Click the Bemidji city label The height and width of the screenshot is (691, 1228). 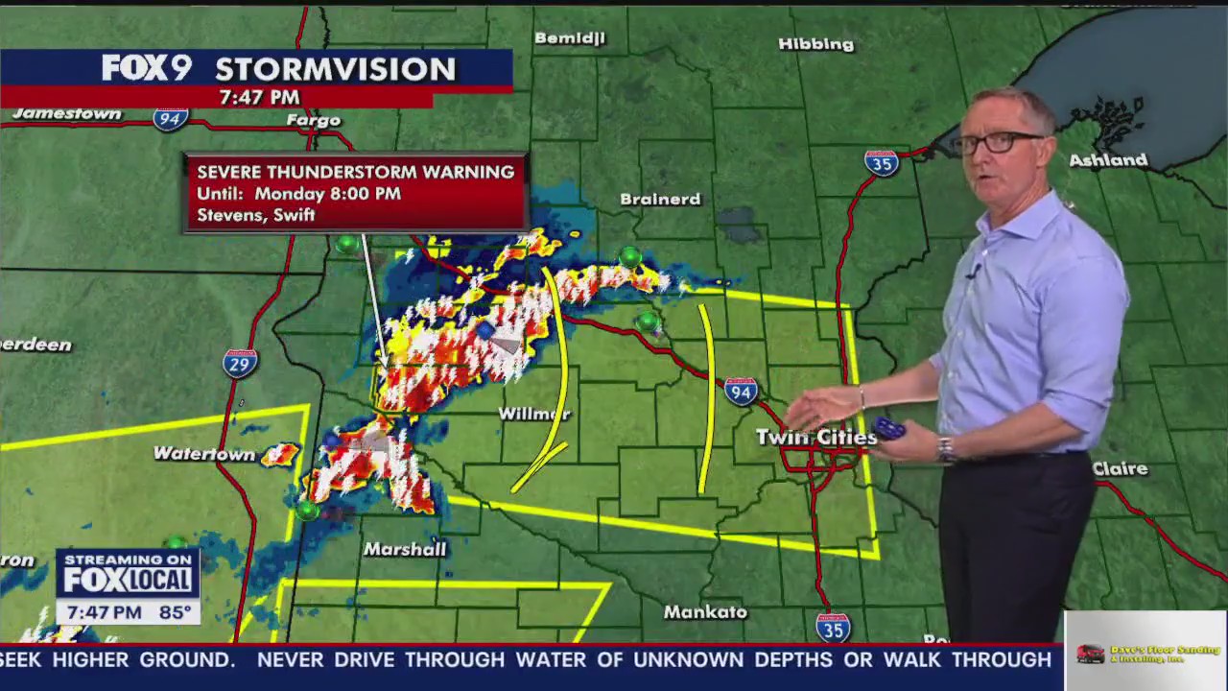coord(570,38)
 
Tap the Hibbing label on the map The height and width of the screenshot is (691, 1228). coord(815,44)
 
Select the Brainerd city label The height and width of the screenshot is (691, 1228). coord(660,200)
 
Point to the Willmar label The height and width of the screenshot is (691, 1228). coord(534,414)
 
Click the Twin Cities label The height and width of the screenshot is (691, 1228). coord(815,438)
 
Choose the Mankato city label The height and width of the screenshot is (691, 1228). coord(705,611)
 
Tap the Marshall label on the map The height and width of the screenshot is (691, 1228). coord(405,549)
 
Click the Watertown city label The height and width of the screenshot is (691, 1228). coord(204,454)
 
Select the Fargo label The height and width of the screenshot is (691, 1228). coord(314,120)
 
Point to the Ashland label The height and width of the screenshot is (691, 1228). coord(1108,160)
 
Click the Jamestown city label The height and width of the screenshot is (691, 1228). coord(67,113)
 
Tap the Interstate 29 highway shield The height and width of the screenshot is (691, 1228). coord(240,363)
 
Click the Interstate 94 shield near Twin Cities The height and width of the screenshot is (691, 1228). coord(741,391)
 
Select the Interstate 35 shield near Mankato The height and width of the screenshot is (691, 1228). coord(833,627)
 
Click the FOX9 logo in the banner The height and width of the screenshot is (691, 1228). coord(147,68)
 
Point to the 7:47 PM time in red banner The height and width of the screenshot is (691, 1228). coord(259,97)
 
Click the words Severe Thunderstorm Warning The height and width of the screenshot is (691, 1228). coord(355,172)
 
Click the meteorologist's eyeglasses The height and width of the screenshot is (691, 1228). coord(998,142)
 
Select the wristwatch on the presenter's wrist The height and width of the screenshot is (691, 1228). coord(946,448)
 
